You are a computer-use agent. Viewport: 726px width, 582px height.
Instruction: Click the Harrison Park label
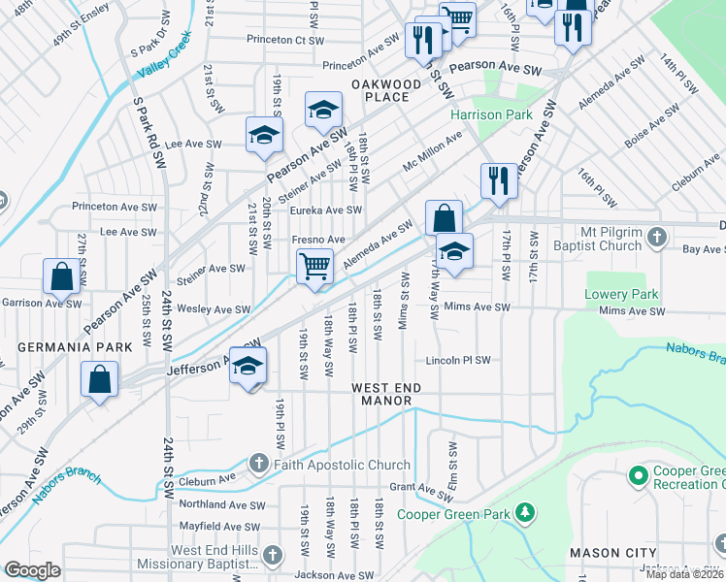coord(491,114)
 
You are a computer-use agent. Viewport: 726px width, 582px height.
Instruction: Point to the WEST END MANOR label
coord(386,394)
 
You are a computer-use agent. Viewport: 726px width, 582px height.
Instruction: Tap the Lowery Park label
coord(621,294)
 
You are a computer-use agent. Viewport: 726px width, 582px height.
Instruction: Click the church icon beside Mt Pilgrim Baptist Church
coord(657,237)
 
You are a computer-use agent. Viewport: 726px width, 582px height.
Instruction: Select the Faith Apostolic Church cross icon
coord(259,464)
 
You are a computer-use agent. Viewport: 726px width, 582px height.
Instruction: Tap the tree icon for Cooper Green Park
coord(525,510)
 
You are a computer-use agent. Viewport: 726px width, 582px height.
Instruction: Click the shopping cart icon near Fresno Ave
coord(314,265)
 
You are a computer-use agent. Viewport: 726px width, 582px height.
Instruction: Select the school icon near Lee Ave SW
coord(263,136)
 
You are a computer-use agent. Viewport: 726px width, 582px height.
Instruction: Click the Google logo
coord(32,570)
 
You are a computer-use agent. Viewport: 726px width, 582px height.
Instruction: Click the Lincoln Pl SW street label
coord(458,360)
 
